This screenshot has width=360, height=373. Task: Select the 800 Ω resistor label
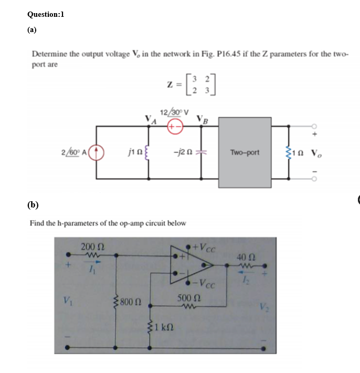point(129,302)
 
